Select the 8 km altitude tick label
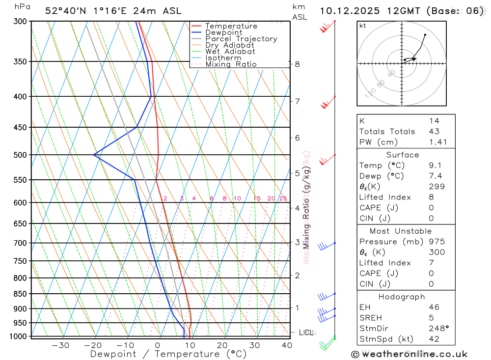tap(298, 64)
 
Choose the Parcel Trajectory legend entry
tap(241, 39)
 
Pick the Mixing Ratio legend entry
tap(231, 64)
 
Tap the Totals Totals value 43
tap(434, 131)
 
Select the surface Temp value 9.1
tap(434, 166)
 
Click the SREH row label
tap(370, 318)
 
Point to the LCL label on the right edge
tap(305, 332)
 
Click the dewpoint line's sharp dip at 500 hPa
tap(94, 155)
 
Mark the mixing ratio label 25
tap(283, 198)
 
